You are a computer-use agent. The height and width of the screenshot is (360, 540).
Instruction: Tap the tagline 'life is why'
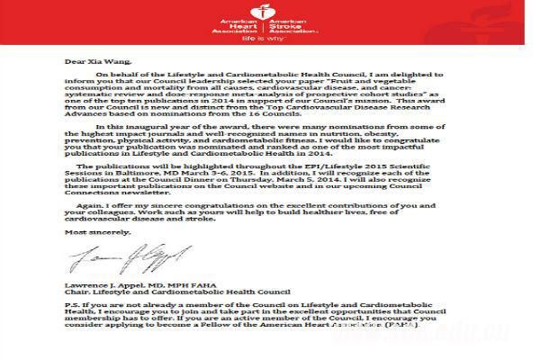(270, 40)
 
